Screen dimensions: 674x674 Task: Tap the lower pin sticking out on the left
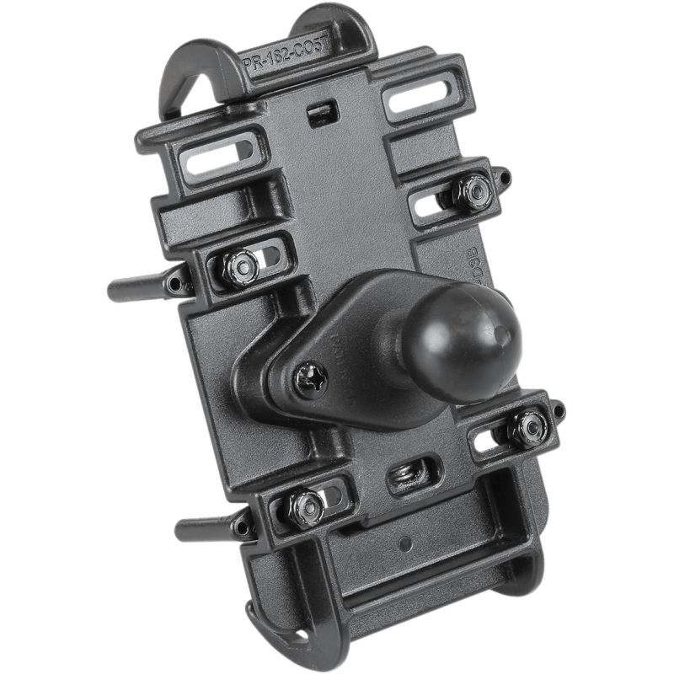click(202, 531)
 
